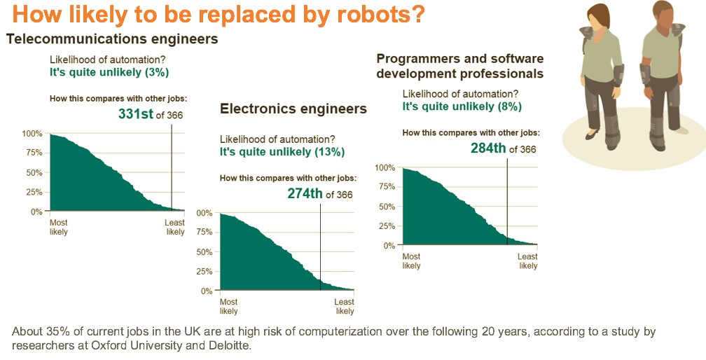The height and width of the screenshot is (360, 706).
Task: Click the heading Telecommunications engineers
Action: (112, 39)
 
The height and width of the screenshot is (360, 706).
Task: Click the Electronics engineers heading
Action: (293, 109)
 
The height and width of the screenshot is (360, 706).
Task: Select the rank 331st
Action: (135, 113)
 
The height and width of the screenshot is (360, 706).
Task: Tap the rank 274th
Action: (305, 194)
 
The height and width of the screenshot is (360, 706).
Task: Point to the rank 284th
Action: (488, 148)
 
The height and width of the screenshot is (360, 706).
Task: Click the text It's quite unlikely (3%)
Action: (109, 72)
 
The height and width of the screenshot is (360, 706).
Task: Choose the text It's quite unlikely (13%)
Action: (282, 152)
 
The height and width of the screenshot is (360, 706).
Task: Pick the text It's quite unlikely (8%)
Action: (462, 106)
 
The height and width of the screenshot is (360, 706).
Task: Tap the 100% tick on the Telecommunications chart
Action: (32, 134)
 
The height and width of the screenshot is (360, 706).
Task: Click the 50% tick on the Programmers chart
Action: (385, 207)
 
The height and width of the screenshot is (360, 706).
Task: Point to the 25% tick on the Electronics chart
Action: (204, 271)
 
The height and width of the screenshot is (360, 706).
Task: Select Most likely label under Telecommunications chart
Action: (59, 227)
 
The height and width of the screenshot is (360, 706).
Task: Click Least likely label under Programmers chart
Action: (527, 261)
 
